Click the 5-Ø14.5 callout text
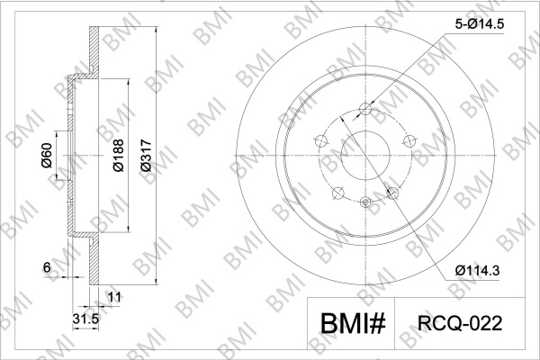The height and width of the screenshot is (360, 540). tap(480, 24)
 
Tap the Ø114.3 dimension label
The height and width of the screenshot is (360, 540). tap(477, 270)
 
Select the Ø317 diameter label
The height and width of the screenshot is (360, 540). tap(146, 155)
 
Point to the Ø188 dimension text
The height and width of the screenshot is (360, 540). tap(118, 156)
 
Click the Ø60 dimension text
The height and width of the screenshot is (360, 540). tap(47, 156)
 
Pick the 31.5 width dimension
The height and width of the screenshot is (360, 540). tap(85, 319)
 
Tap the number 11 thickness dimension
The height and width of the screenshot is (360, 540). tap(114, 297)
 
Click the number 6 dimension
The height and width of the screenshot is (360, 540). tap(47, 267)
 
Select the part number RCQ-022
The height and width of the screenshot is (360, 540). tap(460, 323)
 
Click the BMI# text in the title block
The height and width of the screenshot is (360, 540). tap(353, 323)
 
